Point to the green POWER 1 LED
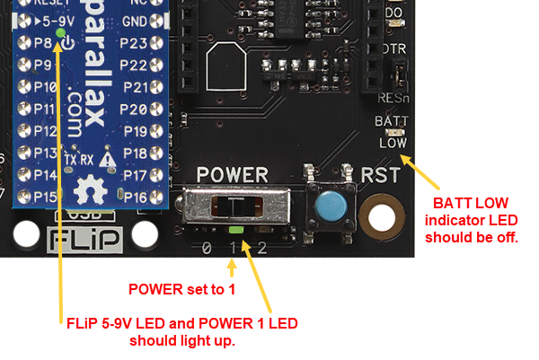(x=234, y=233)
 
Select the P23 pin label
(x=133, y=42)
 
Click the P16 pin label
(x=133, y=197)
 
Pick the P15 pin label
(x=43, y=197)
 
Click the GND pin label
(x=135, y=21)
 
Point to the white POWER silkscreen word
(x=233, y=173)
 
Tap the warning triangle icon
(x=108, y=159)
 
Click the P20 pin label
(x=133, y=109)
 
